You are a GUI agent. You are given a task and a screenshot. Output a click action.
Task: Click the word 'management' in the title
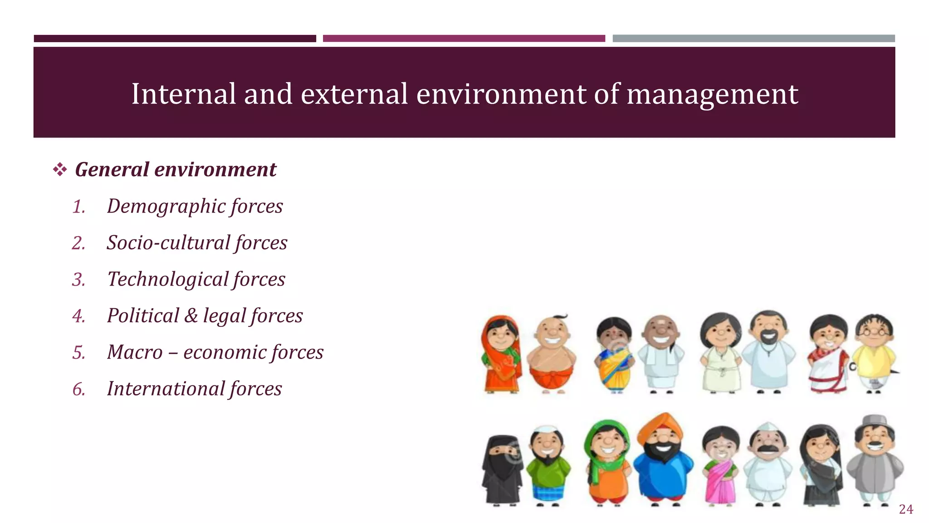point(712,94)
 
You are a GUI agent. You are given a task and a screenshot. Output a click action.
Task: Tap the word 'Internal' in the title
point(183,94)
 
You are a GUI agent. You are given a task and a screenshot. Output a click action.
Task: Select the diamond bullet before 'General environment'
point(60,170)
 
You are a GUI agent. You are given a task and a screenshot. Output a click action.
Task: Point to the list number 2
point(78,243)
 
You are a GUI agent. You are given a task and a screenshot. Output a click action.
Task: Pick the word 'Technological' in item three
point(167,279)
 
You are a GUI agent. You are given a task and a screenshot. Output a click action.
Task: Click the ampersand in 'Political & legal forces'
point(191,316)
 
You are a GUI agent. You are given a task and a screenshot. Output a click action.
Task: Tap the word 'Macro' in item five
point(135,352)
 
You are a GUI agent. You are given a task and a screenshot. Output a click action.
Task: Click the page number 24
point(906,509)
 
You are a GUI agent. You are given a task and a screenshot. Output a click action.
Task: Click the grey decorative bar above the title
point(753,39)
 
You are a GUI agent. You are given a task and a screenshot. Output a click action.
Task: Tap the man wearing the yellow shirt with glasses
point(874,354)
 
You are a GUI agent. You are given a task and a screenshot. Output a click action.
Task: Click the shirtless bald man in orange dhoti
point(552,354)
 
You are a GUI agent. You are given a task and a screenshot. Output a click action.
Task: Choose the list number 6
point(78,389)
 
